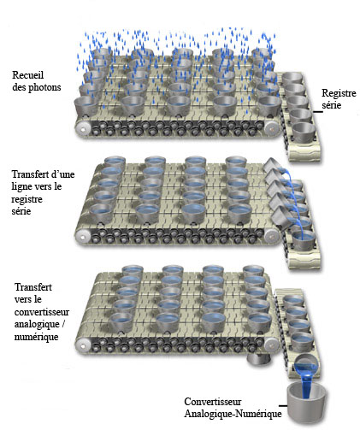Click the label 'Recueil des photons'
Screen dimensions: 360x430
(x=37, y=81)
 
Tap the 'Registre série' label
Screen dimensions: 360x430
(x=339, y=99)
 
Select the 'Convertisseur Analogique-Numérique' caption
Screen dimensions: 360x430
(x=233, y=408)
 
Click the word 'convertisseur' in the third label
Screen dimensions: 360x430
(x=42, y=312)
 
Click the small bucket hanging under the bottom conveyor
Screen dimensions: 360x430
(x=258, y=360)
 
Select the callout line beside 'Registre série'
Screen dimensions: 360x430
(x=318, y=112)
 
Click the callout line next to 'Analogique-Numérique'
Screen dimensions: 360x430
(x=283, y=405)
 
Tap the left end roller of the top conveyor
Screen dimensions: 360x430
(x=83, y=129)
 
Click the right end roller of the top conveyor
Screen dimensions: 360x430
(x=271, y=128)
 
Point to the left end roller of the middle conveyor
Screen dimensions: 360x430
(x=82, y=237)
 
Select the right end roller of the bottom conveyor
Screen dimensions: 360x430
(x=271, y=345)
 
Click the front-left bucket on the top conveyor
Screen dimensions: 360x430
(x=86, y=106)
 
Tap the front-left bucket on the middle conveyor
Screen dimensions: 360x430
(x=102, y=214)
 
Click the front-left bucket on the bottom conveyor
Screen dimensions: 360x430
(x=121, y=322)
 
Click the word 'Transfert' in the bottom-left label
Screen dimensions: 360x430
(x=33, y=287)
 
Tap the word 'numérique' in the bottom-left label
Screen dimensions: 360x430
(x=36, y=337)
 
